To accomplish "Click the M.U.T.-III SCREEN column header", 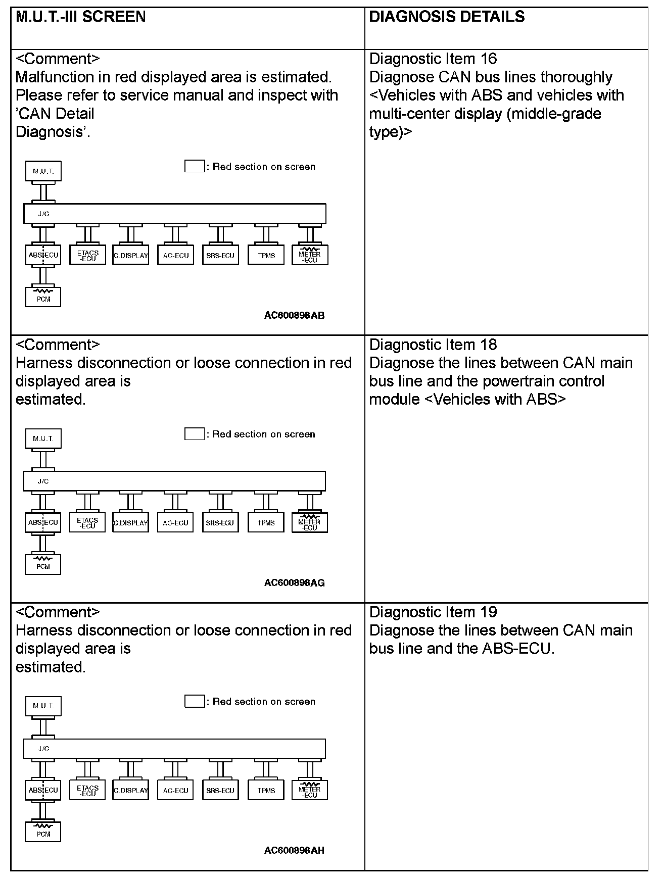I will pyautogui.click(x=81, y=17).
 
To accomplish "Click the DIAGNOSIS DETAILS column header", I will pyautogui.click(x=447, y=17).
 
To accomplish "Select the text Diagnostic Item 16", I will pyautogui.click(x=433, y=59).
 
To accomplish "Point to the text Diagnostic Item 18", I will pyautogui.click(x=433, y=345).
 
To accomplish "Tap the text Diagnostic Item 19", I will pyautogui.click(x=433, y=612).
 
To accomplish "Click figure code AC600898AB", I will pyautogui.click(x=294, y=316).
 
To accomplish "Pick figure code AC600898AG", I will pyautogui.click(x=294, y=583).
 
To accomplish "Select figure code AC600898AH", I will pyautogui.click(x=294, y=850).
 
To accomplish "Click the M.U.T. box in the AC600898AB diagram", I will pyautogui.click(x=43, y=171).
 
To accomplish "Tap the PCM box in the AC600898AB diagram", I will pyautogui.click(x=43, y=297).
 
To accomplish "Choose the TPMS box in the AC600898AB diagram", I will pyautogui.click(x=266, y=255).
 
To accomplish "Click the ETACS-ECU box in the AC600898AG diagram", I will pyautogui.click(x=87, y=522).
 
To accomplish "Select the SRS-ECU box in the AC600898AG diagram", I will pyautogui.click(x=220, y=522).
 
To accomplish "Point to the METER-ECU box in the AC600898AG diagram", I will pyautogui.click(x=309, y=522).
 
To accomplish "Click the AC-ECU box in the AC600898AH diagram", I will pyautogui.click(x=175, y=790).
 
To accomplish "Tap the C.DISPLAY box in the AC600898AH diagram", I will pyautogui.click(x=131, y=790).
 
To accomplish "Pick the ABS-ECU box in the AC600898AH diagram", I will pyautogui.click(x=43, y=790).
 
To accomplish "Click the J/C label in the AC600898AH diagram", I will pyautogui.click(x=43, y=749).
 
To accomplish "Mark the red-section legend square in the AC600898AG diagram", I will pyautogui.click(x=194, y=434).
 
